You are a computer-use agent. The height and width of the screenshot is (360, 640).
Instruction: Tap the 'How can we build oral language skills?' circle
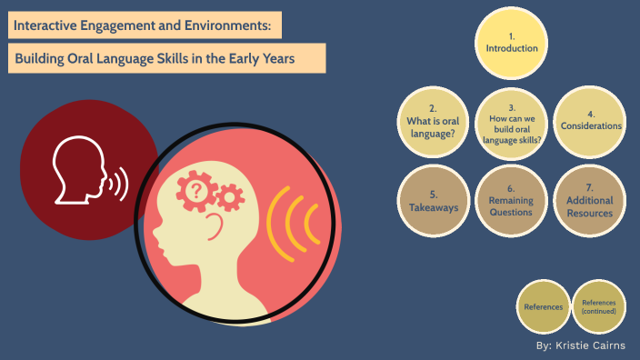(x=512, y=122)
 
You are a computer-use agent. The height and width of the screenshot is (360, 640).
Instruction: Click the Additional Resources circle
(x=590, y=200)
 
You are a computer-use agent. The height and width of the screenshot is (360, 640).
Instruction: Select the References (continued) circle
(x=599, y=306)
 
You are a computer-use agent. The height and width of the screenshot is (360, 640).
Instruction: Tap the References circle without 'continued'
(x=543, y=306)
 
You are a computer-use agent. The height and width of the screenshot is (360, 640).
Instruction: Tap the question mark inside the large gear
(x=195, y=189)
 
